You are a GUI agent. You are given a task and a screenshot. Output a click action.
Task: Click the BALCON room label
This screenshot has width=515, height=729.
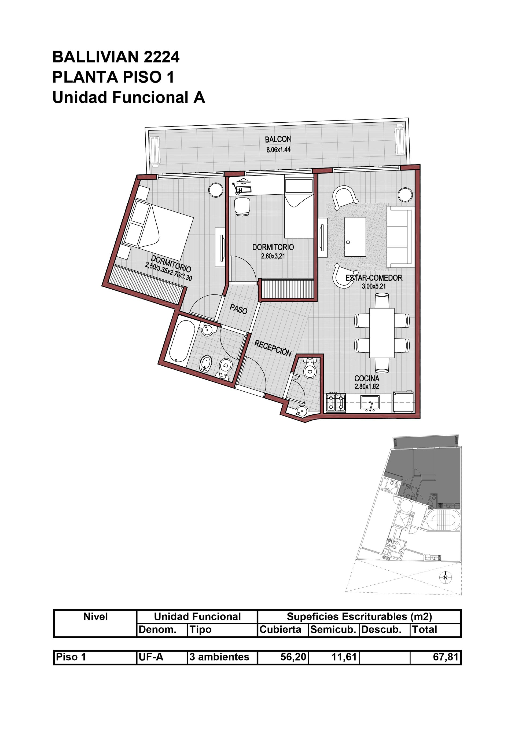point(278,139)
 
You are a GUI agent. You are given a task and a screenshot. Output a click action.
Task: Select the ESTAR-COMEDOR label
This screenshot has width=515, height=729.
point(374,278)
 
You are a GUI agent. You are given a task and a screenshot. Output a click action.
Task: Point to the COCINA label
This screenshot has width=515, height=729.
point(367,378)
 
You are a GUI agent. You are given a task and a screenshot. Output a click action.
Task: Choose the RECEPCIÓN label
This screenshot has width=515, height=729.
point(273,348)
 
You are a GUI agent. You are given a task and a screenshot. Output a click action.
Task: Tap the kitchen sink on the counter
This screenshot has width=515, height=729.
point(370,403)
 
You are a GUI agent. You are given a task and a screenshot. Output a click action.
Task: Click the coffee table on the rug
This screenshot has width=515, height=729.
point(355,236)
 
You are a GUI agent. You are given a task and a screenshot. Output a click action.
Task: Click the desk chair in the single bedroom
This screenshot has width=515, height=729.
point(242,206)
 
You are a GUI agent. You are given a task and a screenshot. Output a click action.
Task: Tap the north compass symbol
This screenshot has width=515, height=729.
point(446,577)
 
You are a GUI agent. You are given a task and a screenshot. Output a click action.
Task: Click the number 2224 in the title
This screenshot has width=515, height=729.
point(162,57)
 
